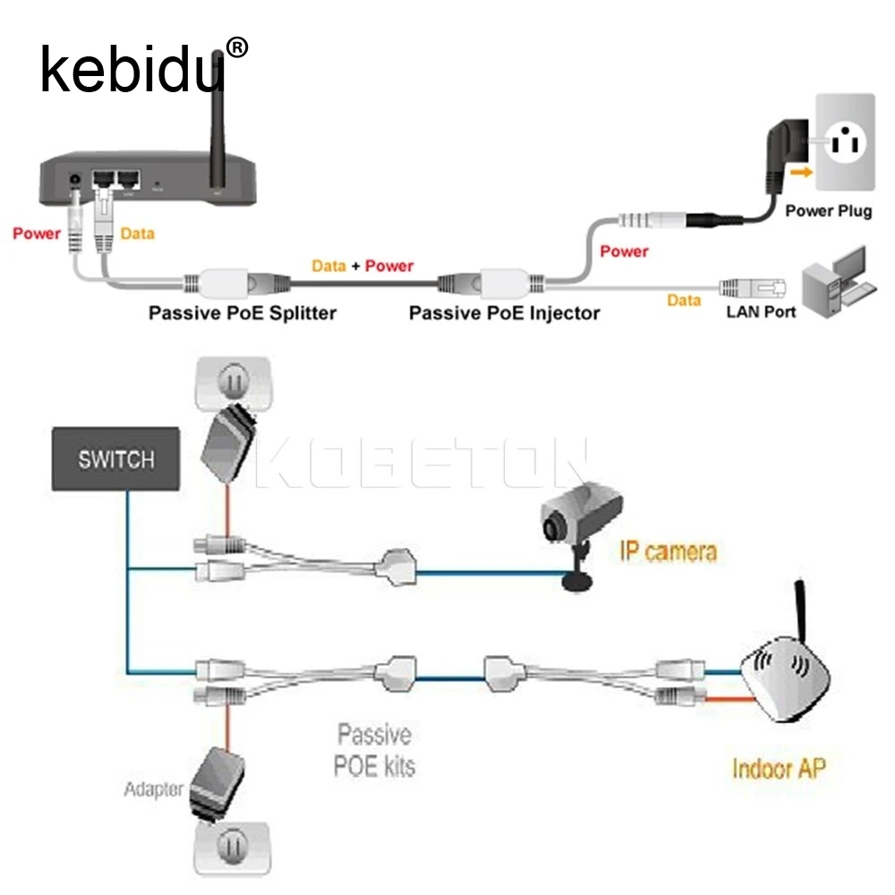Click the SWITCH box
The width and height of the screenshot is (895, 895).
[x=115, y=459]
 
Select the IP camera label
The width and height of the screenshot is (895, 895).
[x=668, y=550]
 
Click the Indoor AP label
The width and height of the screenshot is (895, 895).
[x=779, y=768]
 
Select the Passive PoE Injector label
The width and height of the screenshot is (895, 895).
[x=504, y=313]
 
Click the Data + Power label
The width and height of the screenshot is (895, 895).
[x=362, y=266]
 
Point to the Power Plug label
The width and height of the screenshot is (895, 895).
[x=828, y=211]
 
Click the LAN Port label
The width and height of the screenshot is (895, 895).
[x=761, y=312]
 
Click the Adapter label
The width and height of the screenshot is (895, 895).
[x=153, y=788]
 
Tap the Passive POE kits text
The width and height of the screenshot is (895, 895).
[x=375, y=750]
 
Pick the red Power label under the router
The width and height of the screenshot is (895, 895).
[x=37, y=234]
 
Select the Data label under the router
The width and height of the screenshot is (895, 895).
[x=137, y=234]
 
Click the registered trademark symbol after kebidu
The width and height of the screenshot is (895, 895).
[x=237, y=46]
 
